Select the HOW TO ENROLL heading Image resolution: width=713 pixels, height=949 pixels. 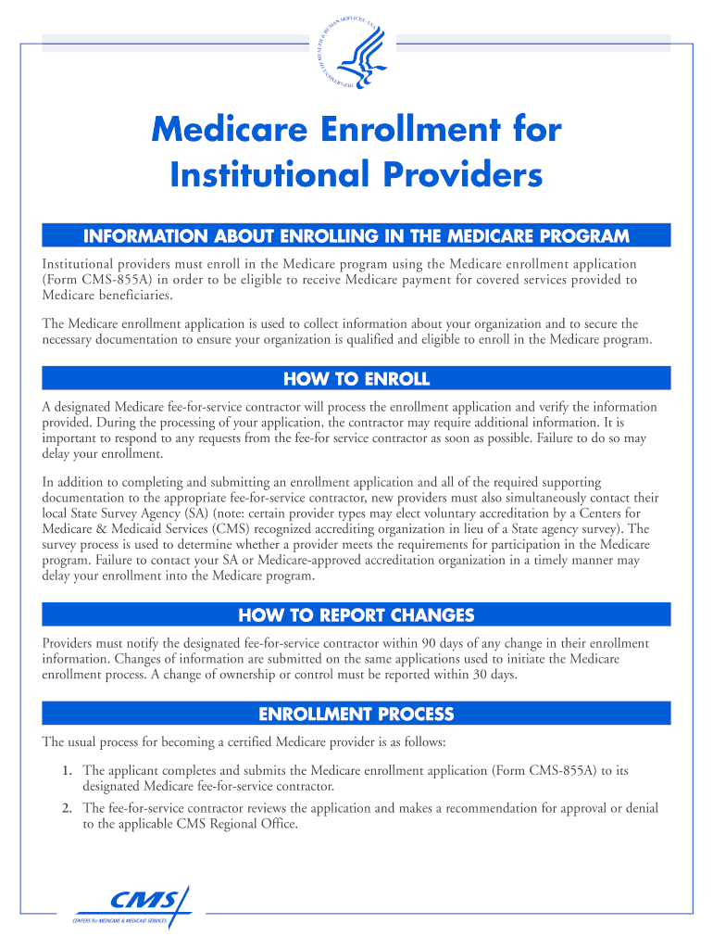[356, 378]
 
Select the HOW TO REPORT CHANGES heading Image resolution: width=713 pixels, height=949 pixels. [356, 614]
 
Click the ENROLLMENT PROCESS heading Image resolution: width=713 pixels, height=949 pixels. [356, 714]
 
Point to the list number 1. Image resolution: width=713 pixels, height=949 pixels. [68, 770]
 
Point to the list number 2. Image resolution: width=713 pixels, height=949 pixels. [68, 808]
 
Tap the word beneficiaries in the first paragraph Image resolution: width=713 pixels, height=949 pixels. [135, 295]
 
